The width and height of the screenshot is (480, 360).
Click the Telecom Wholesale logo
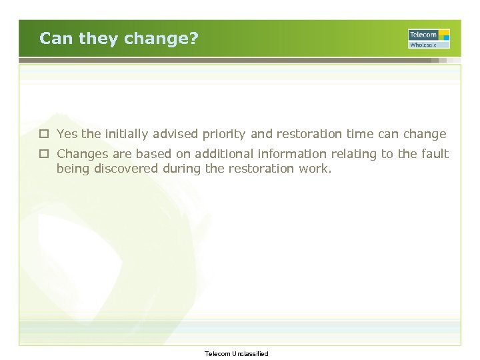429,39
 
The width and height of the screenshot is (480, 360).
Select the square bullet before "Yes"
43,135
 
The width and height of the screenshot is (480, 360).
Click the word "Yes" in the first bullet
67,135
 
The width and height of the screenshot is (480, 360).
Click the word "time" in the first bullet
360,135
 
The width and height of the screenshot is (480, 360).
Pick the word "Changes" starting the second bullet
82,155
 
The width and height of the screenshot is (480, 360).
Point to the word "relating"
353,155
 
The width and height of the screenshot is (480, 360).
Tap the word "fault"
434,155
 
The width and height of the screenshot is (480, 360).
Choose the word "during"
181,169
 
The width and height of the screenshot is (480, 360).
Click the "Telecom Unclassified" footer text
237,354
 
